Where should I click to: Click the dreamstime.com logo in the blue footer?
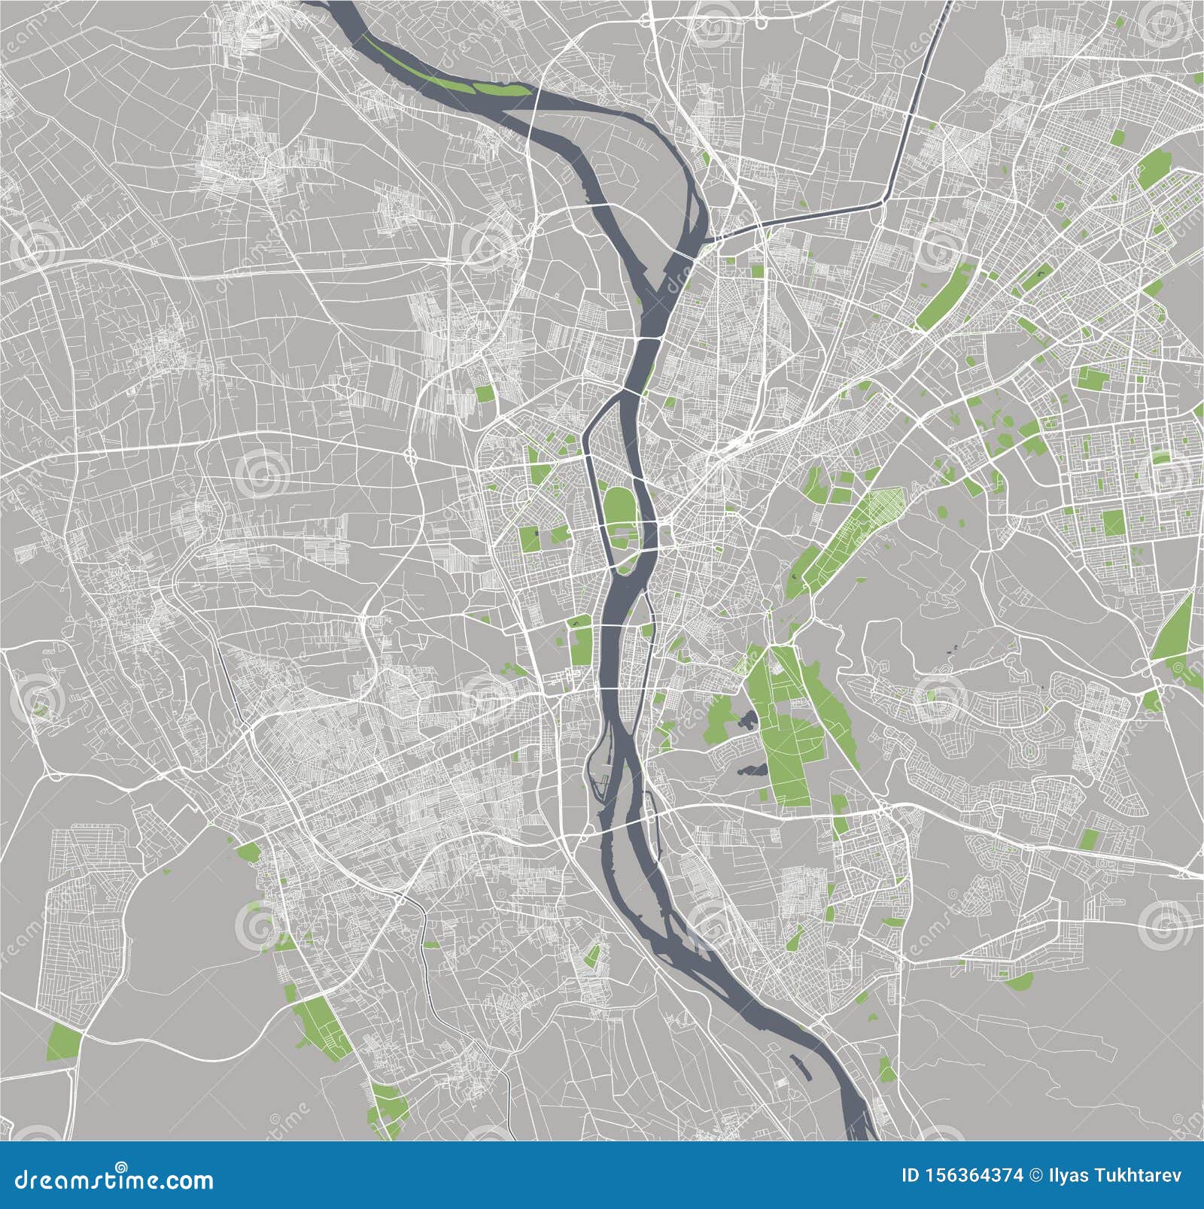[x=113, y=1178]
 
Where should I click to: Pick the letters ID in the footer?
[x=911, y=1175]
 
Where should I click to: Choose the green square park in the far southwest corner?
[x=64, y=1042]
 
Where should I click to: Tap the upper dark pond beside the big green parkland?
[x=747, y=720]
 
